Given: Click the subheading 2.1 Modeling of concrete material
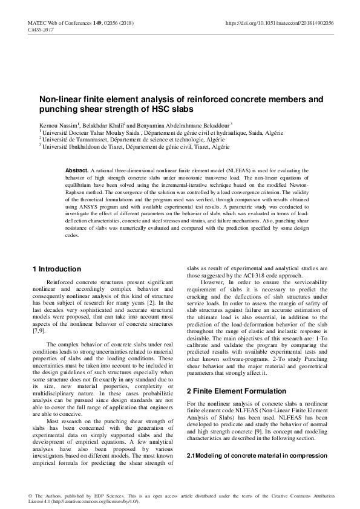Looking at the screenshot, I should pyautogui.click(x=257, y=455).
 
